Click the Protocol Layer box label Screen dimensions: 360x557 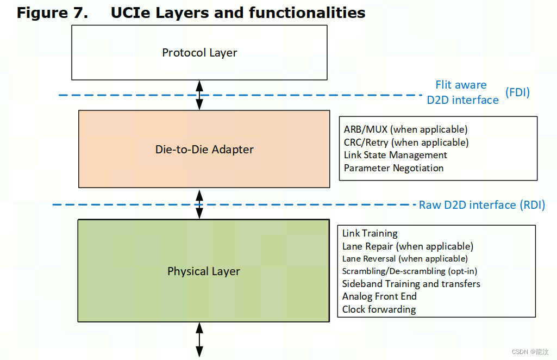point(199,53)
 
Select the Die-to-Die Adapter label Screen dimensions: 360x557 point(204,149)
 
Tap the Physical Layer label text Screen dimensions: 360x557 point(204,271)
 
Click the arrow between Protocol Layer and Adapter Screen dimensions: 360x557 point(199,95)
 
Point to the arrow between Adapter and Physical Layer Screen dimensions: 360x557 point(199,204)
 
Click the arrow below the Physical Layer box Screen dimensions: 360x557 point(199,339)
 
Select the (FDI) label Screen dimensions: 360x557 point(517,92)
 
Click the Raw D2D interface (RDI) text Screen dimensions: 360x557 point(481,205)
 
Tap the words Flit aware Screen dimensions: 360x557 point(461,85)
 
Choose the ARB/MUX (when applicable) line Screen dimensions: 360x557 point(405,129)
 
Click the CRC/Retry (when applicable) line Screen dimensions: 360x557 point(406,142)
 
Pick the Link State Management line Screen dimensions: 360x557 point(395,155)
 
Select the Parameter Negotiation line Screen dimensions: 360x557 point(393,168)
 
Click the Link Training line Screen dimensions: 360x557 point(370,233)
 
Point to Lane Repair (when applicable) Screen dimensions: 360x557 point(408,246)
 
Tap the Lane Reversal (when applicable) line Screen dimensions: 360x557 point(405,259)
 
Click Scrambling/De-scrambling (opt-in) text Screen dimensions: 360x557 point(410,271)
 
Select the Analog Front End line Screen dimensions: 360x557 point(379,296)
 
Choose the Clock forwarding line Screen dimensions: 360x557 point(379,309)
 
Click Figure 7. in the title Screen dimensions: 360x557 point(52,13)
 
